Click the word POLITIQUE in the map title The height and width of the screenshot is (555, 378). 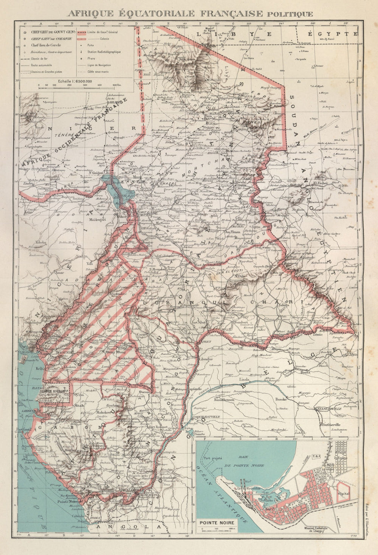[x=290, y=14]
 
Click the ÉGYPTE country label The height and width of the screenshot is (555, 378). [x=333, y=34]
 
